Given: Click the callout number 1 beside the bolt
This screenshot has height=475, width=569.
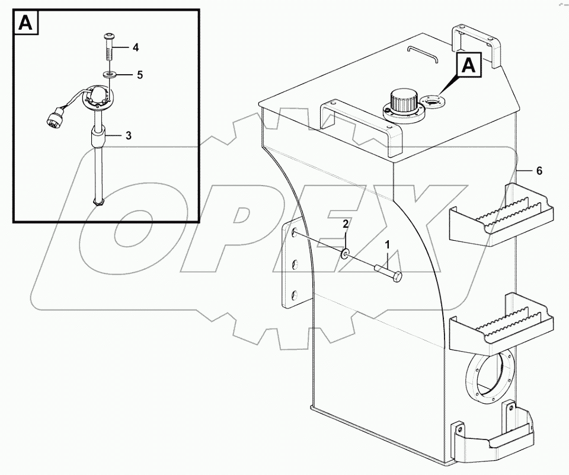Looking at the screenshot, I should click(388, 244).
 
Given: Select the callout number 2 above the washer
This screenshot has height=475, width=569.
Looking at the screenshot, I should click(344, 224).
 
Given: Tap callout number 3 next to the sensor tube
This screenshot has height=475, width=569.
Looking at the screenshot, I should click(128, 135).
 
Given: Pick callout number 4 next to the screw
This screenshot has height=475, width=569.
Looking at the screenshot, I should click(136, 46).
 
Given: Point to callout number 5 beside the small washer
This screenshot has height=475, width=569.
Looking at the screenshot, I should click(140, 75).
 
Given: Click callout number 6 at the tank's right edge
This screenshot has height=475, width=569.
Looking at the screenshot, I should click(539, 171).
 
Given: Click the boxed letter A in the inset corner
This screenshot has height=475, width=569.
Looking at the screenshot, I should click(25, 23).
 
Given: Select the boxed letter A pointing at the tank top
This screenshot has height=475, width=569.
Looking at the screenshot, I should click(468, 66).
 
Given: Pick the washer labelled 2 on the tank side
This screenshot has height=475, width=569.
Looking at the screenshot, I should click(345, 255).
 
